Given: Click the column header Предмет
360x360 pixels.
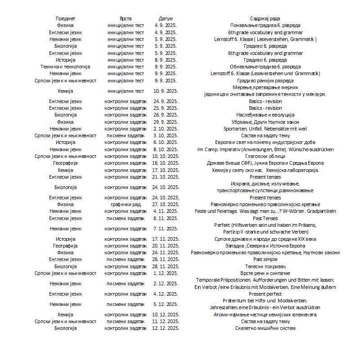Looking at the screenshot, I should pyautogui.click(x=65, y=18).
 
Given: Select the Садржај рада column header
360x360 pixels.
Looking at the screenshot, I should pyautogui.click(x=265, y=18).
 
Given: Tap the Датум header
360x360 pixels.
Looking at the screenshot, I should pyautogui.click(x=166, y=18).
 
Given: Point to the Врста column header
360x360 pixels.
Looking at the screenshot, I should pyautogui.click(x=126, y=18).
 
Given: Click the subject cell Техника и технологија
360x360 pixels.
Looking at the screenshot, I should pyautogui.click(x=65, y=67).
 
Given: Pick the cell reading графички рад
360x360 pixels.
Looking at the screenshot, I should pyautogui.click(x=126, y=204).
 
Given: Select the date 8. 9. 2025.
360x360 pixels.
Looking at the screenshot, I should pyautogui.click(x=166, y=60).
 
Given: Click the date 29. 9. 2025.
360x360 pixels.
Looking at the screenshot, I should pyautogui.click(x=166, y=122).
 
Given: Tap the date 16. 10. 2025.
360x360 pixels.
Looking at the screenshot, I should pyautogui.click(x=166, y=163).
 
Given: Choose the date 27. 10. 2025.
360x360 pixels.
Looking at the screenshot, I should pyautogui.click(x=166, y=204).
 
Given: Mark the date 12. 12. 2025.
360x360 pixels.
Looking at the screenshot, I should pyautogui.click(x=166, y=328).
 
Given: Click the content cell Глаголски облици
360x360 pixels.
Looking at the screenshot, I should pyautogui.click(x=265, y=156).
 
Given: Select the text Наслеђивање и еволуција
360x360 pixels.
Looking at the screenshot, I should pyautogui.click(x=265, y=115).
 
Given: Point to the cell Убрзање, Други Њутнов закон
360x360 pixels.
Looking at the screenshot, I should pyautogui.click(x=265, y=122).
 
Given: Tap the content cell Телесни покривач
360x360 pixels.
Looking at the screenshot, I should pyautogui.click(x=265, y=266).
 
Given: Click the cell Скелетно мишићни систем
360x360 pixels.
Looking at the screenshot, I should pyautogui.click(x=265, y=328).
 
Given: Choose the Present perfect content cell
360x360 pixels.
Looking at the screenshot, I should pyautogui.click(x=265, y=294).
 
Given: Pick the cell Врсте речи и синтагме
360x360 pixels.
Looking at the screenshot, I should pyautogui.click(x=265, y=273).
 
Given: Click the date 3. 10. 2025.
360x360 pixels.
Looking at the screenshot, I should pyautogui.click(x=166, y=135).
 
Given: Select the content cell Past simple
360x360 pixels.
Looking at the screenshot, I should pyautogui.click(x=265, y=259).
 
